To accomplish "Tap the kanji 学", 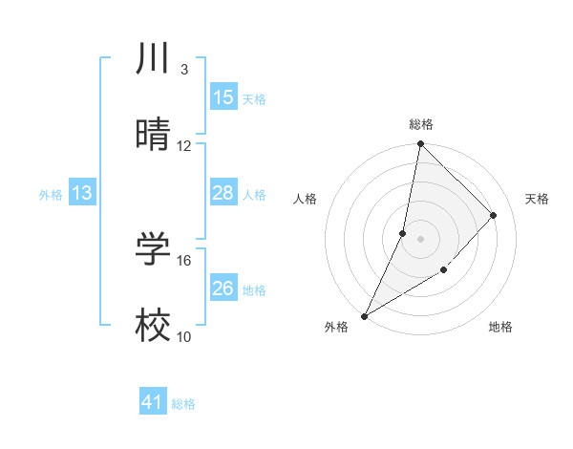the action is coord(154,249).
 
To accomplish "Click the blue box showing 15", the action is coord(223,97).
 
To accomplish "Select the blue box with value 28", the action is coord(223,193).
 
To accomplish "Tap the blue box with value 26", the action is coord(223,289).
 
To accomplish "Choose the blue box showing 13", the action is coord(82,193).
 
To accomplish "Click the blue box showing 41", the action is coord(153,402).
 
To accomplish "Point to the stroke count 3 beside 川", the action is coord(183,70).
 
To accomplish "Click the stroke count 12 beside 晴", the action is coord(184,146).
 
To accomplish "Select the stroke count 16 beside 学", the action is coord(184,260).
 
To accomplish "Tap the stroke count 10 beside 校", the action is coord(184,336).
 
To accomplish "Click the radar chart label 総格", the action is coord(421,124).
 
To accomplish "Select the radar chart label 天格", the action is coord(537,199).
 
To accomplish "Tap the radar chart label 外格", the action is coord(336,327).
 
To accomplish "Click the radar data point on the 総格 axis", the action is coord(420,144).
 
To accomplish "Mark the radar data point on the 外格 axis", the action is coord(365,315).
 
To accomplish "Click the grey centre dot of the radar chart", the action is coord(421,239).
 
